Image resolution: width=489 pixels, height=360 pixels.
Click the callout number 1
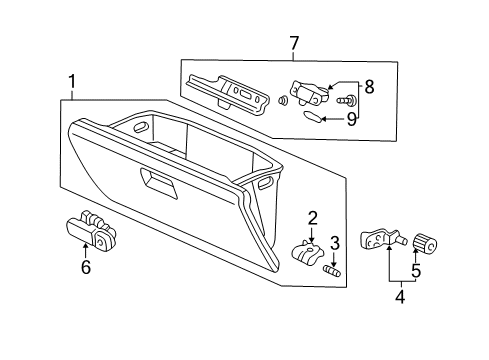coord(71,83)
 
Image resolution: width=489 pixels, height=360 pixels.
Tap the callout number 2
coord(312,217)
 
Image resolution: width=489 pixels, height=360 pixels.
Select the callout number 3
coord(335,242)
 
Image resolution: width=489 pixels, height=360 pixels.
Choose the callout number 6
coord(86,267)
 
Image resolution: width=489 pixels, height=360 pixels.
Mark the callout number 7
coord(293,43)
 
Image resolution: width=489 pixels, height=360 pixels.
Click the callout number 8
coord(368,87)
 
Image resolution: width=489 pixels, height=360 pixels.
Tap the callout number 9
coord(350,119)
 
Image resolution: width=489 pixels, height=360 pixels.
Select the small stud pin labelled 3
coord(334,269)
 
